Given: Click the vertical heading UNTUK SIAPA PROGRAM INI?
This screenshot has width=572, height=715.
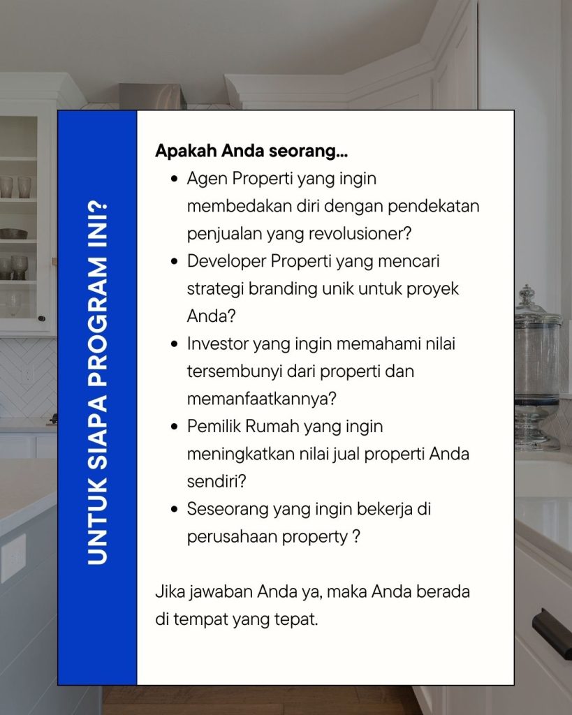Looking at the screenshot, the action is (x=97, y=383).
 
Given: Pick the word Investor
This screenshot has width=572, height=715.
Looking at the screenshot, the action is (x=217, y=344).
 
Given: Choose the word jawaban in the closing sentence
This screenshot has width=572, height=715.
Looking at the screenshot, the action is (x=221, y=592).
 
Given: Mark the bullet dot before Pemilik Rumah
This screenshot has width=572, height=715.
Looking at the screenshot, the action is (x=174, y=427).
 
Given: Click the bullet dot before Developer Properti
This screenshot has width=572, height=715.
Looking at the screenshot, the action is (x=174, y=262).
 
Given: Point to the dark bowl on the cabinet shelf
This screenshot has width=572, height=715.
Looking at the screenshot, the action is (x=13, y=234).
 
